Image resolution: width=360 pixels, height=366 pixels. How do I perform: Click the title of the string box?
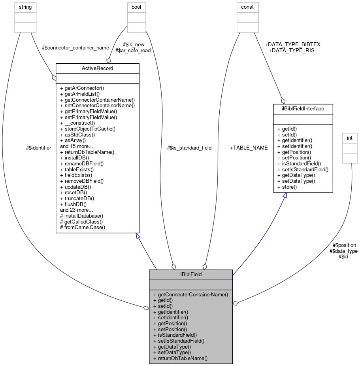click(25, 7)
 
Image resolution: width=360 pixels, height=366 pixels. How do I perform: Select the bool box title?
click(136, 7)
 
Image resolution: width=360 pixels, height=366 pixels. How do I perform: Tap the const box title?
click(248, 7)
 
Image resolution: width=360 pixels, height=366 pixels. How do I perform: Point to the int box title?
click(349, 138)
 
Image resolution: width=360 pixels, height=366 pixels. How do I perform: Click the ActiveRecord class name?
click(97, 68)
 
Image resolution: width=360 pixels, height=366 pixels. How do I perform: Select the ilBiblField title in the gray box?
click(190, 274)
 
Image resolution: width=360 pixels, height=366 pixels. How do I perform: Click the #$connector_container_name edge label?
click(75, 47)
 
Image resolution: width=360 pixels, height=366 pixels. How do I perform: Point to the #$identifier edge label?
click(38, 148)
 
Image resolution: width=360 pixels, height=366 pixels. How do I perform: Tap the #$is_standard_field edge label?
click(189, 148)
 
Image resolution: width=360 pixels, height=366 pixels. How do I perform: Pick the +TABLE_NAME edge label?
click(249, 148)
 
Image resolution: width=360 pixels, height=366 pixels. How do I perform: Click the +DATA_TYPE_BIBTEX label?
click(292, 45)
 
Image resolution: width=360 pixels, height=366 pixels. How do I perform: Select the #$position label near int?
click(344, 245)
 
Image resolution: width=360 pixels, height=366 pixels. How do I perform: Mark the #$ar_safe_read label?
click(133, 50)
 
